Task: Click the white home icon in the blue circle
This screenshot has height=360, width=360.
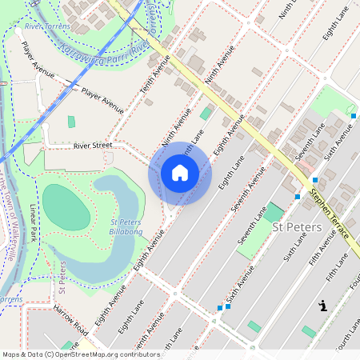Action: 180,173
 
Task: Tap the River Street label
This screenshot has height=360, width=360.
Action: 94,146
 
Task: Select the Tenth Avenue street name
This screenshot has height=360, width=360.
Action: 156,90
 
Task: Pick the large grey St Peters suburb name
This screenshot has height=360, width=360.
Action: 297,228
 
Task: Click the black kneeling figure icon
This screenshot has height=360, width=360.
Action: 323,305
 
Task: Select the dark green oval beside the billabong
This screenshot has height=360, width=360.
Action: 65,207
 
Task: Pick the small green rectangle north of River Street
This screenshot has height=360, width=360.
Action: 71,122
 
